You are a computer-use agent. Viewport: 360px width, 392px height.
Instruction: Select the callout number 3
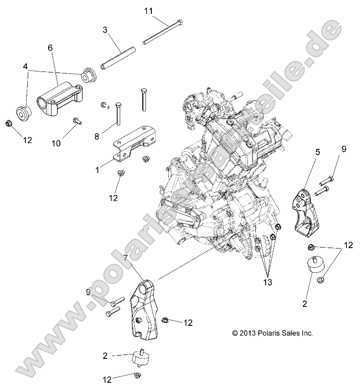pos(105,30)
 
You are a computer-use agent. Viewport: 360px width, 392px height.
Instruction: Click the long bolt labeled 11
pos(163,33)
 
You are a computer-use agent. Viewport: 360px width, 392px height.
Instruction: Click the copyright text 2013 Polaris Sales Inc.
pos(272,333)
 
